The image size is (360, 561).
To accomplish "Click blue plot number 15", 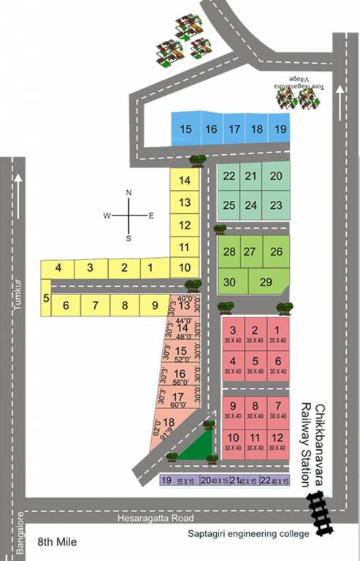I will pos(186,129).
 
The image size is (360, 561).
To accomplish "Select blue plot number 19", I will pos(280,129).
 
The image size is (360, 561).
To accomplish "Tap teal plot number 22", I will pos(229,176).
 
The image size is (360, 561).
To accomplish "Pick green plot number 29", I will pos(267,282).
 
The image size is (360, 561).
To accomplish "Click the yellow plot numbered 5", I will pos(46,298).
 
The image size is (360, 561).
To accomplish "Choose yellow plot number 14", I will pos(185,180).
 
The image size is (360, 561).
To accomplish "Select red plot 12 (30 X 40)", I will pos(277,441).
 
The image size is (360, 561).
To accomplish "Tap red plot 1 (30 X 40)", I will pos(277,335).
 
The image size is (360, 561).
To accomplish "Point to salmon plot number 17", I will pos(177,400).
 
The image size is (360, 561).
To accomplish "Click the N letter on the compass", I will pos(129,193).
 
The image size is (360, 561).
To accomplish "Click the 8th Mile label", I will pos(57,543).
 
